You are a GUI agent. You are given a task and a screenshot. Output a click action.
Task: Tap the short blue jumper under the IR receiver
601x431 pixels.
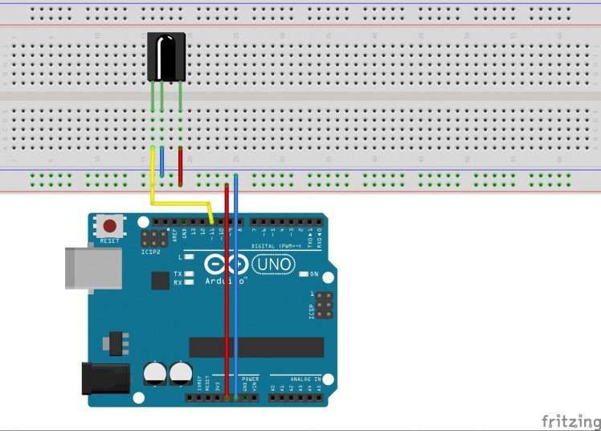162,162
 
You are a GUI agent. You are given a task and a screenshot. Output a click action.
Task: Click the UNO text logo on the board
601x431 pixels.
274,264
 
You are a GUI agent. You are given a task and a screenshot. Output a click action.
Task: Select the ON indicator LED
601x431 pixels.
303,274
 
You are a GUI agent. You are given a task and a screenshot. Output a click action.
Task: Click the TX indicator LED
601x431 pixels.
190,274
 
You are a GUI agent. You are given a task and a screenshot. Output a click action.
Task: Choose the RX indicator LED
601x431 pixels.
190,283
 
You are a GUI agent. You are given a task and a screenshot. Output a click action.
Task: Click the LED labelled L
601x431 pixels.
190,257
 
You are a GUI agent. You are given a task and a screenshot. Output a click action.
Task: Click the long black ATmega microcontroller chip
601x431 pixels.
256,347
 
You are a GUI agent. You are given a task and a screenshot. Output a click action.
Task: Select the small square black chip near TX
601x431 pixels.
160,280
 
